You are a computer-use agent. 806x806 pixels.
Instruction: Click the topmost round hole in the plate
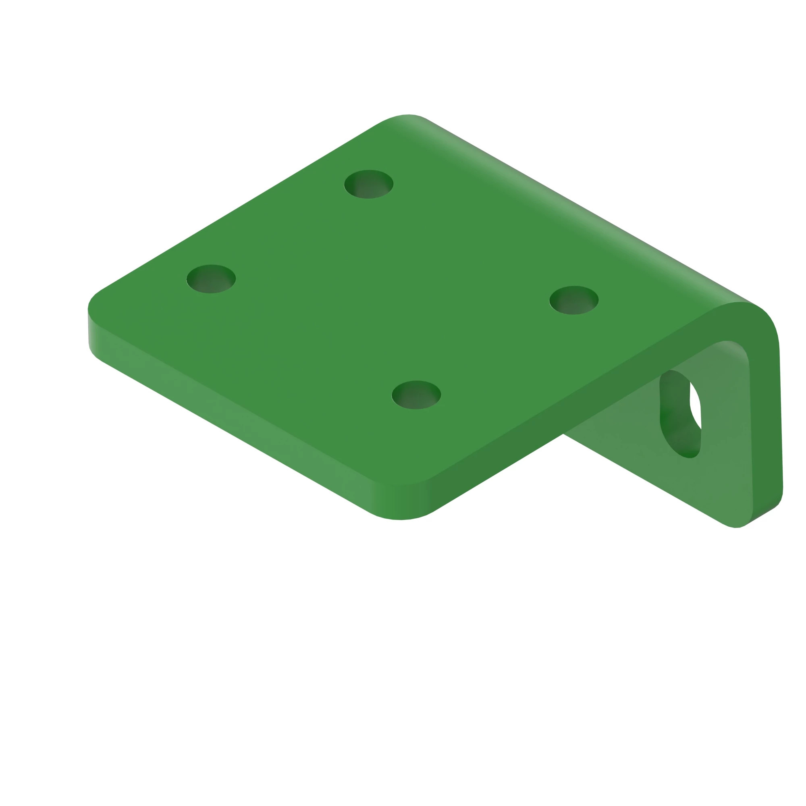click(368, 184)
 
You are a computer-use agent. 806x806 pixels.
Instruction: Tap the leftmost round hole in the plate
click(211, 279)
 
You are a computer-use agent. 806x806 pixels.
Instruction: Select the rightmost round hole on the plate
click(573, 300)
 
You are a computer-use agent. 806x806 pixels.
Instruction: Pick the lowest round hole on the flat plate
click(416, 395)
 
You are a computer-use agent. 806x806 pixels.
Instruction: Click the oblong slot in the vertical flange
click(679, 413)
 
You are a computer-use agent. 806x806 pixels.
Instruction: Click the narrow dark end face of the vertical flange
click(767, 417)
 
